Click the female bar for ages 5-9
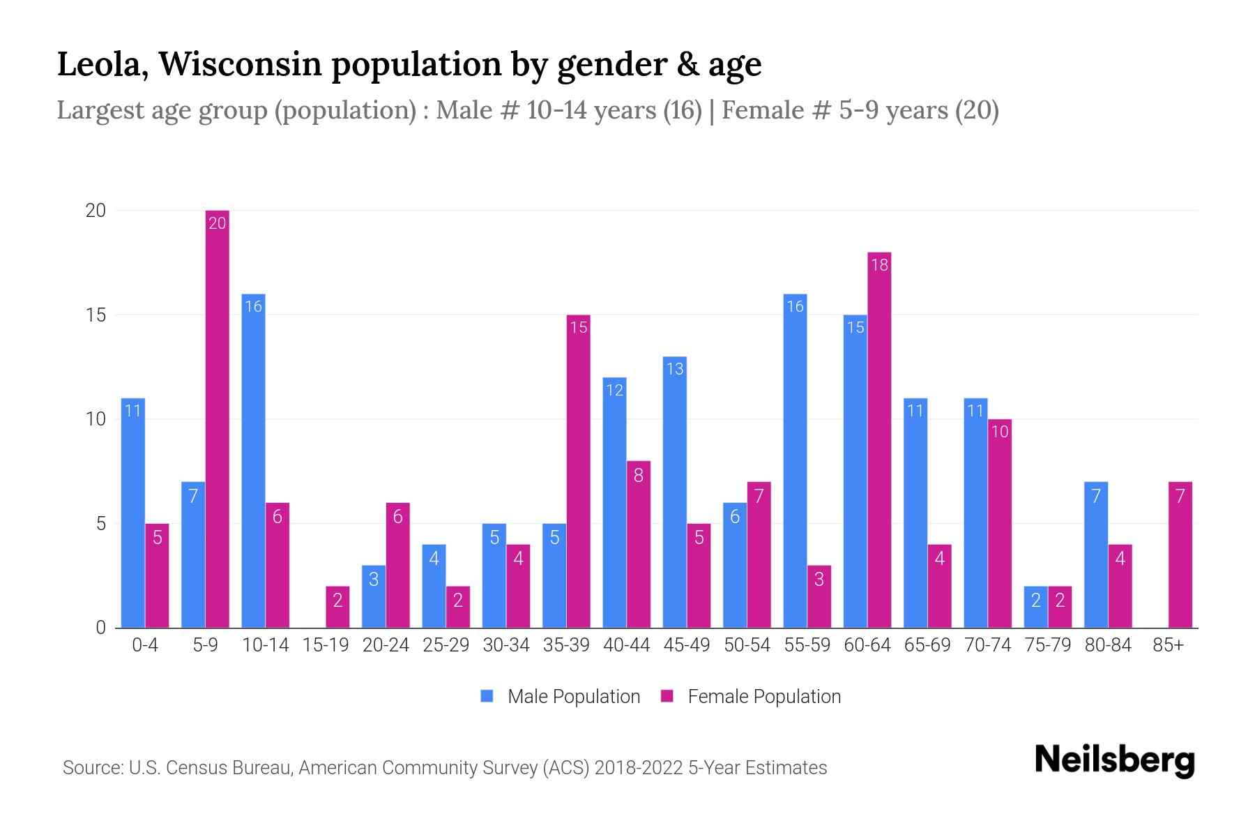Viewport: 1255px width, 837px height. tap(217, 418)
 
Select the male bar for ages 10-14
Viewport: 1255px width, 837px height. tap(253, 460)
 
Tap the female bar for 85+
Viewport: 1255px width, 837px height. tap(1180, 555)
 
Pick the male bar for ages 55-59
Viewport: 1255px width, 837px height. tap(795, 460)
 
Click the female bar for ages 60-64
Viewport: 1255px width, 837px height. tap(879, 439)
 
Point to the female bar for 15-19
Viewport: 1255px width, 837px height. tap(337, 607)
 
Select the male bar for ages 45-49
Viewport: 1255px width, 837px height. tap(674, 492)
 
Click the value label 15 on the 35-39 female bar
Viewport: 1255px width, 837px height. tap(579, 327)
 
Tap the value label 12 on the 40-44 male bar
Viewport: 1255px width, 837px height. tap(614, 390)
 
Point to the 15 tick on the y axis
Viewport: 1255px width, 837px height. tap(96, 315)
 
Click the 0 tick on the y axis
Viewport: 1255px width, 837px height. tap(101, 628)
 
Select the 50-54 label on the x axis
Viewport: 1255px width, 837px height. tap(747, 645)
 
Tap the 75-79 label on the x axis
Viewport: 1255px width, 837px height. tap(1047, 645)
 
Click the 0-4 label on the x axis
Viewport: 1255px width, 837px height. tap(145, 645)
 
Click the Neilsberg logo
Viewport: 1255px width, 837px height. tap(1114, 760)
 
